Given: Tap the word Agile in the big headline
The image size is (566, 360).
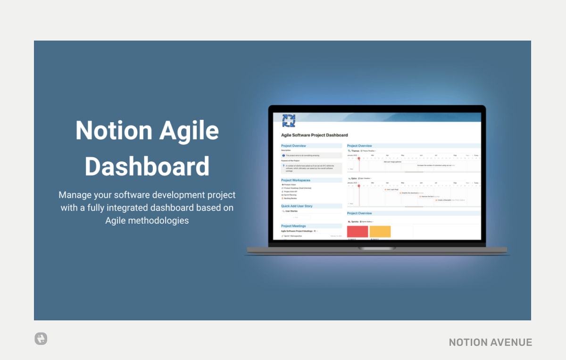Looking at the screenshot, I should coord(189,130).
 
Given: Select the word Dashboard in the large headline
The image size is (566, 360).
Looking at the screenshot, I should coord(147,166).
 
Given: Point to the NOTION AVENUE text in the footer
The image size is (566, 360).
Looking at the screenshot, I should coord(491,343).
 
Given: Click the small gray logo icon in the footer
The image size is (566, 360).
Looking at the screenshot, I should coord(41,338).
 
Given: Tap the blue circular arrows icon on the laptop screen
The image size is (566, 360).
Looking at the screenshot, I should coord(289,121).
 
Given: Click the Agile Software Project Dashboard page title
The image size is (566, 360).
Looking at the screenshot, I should coord(314,135).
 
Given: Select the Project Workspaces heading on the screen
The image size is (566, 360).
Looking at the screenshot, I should coord(296,180).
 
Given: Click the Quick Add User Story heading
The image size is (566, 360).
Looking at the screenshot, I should coord(297,206).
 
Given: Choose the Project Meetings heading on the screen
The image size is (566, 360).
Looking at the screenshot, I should coord(293,226).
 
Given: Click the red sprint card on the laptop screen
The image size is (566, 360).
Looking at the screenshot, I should coord(358,232).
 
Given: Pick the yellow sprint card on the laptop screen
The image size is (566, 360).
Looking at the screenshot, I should coord(380,232).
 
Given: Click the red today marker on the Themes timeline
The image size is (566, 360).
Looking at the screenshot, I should coord(359,159).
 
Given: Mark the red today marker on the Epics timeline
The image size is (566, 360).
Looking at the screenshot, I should coord(359,186).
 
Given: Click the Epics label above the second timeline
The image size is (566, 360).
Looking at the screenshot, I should coord(354,178).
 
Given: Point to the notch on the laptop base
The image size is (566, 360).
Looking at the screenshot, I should coord(377,248).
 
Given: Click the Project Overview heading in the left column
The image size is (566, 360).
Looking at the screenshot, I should coord(293,146).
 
